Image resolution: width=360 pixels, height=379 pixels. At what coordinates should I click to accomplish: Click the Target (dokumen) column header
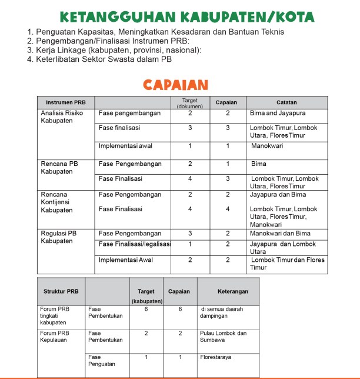point(189,103)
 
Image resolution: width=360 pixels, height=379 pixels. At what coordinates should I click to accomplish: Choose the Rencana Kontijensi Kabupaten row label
point(58,202)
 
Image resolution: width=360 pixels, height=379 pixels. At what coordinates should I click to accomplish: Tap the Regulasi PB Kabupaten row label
point(59,237)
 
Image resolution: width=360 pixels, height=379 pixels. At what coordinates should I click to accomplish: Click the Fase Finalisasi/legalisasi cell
point(135,244)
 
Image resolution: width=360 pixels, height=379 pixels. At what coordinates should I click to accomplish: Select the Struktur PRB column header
point(61,291)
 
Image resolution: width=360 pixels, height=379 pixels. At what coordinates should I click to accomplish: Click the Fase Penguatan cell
point(101,360)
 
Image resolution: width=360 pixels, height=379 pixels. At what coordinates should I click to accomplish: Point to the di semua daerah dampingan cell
point(221,312)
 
